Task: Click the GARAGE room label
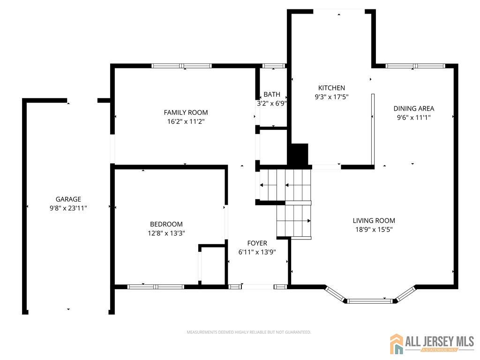click(68, 199)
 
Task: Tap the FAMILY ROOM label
click(186, 112)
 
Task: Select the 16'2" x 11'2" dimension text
click(186, 121)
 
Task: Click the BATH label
click(272, 94)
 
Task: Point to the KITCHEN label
click(331, 88)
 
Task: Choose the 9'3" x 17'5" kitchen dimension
click(331, 97)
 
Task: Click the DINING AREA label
click(414, 108)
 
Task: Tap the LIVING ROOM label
click(374, 220)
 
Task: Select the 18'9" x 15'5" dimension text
click(374, 230)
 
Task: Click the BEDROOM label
click(166, 224)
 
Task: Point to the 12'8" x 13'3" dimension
click(166, 233)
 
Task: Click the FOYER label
click(257, 243)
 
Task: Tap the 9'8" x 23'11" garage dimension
click(68, 208)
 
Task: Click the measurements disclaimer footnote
click(249, 332)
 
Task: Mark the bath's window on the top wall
click(274, 66)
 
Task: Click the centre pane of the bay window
click(370, 301)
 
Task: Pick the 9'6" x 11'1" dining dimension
click(414, 118)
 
